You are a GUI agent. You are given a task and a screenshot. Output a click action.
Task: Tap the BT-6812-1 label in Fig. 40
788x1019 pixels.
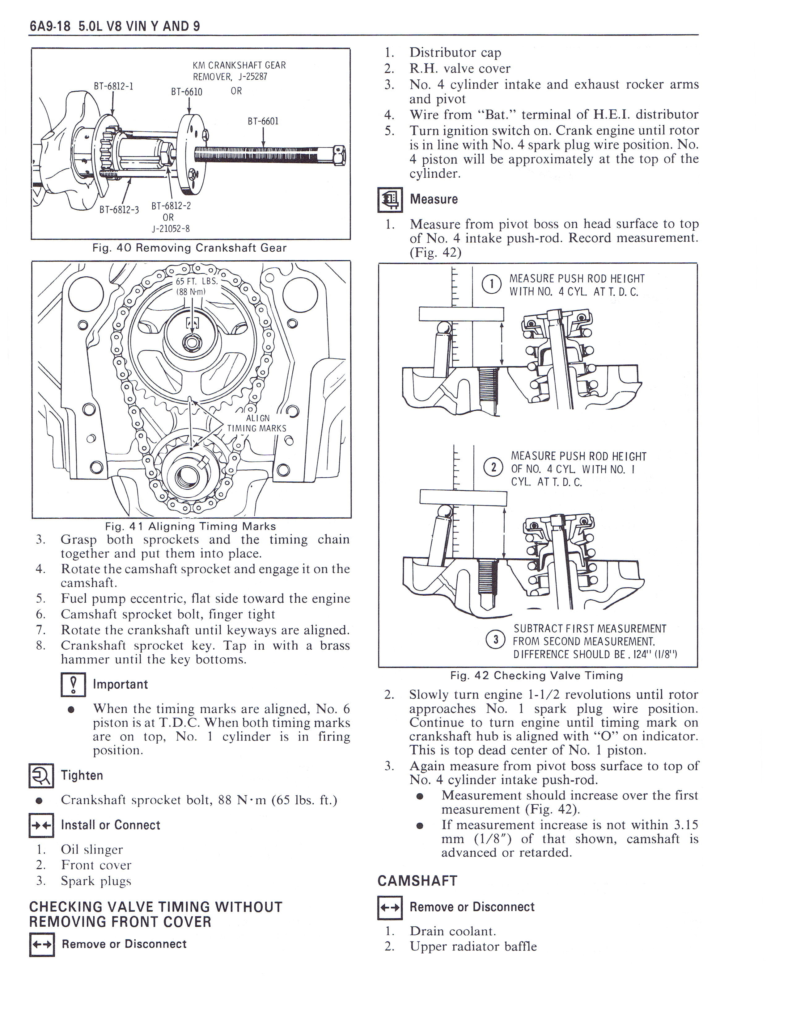coord(113,86)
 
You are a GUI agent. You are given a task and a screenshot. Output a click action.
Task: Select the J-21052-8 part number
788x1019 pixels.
coord(170,229)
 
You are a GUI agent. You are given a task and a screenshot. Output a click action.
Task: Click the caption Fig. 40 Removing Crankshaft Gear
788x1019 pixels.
coord(189,248)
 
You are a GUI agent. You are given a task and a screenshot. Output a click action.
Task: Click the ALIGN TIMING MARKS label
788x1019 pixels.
coord(257,423)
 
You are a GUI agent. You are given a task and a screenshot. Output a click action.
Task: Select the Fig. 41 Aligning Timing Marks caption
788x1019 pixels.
coord(190,526)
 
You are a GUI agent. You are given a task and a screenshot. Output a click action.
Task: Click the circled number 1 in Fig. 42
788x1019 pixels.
coord(491,285)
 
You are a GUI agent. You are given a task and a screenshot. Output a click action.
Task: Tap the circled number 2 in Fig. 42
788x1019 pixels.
coord(493,467)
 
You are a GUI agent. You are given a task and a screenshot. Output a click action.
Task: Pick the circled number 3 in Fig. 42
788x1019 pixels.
coord(495,639)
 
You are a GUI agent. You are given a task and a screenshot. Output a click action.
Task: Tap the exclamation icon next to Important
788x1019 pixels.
coord(73,685)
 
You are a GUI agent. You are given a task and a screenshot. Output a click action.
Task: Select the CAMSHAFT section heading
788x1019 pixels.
coord(417,881)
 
